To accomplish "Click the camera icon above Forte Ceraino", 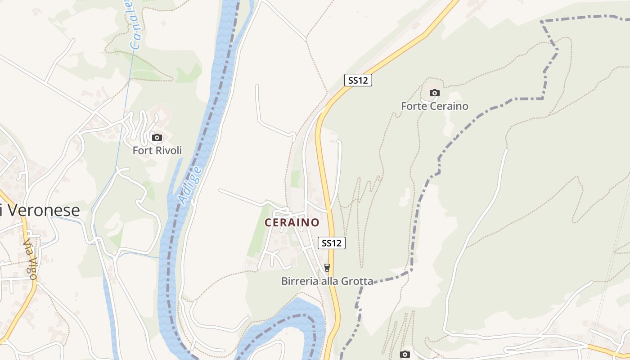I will click(x=434, y=93).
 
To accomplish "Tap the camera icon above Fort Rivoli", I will click(x=157, y=137).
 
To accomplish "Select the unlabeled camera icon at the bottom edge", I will click(x=405, y=355).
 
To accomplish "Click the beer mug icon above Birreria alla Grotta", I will click(x=327, y=268).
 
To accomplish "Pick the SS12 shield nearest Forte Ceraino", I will click(x=358, y=80).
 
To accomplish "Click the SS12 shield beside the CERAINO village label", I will click(x=332, y=243).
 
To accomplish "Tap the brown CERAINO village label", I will click(x=292, y=222).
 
